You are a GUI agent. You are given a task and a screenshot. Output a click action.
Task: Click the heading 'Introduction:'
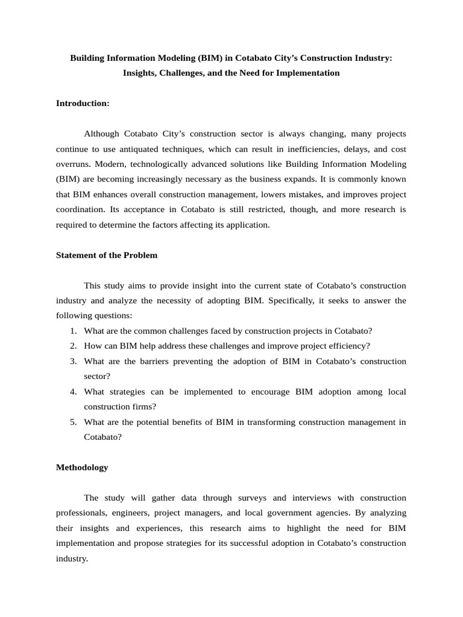coord(83,103)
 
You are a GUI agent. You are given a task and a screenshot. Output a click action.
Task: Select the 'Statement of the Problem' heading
coord(107,255)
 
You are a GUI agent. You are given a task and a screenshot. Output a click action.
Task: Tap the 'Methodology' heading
coord(82,467)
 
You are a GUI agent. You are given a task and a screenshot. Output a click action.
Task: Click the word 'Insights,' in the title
coord(140,73)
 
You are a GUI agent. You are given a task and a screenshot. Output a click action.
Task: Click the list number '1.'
coord(73,331)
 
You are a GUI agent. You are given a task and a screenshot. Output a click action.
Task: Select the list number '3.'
coord(73,362)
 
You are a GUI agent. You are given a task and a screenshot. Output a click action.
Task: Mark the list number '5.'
coord(73,422)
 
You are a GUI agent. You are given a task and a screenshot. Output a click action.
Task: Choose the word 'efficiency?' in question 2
coord(348,346)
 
